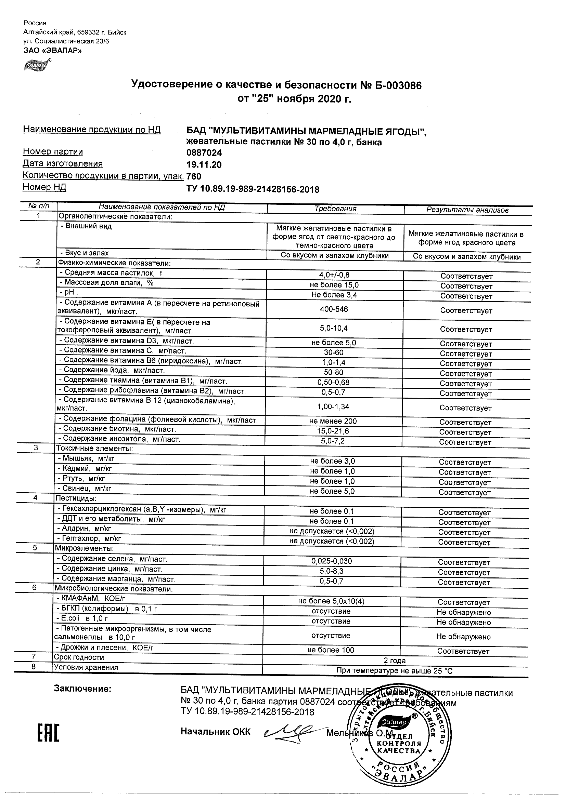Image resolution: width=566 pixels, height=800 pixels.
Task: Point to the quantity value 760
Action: coord(194,177)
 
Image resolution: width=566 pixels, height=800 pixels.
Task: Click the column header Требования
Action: coord(335,209)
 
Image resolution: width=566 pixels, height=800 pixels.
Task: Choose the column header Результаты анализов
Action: coord(467,210)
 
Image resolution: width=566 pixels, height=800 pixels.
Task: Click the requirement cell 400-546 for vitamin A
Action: coord(334,309)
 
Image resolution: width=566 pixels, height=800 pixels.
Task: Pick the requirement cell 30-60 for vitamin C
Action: coord(334,352)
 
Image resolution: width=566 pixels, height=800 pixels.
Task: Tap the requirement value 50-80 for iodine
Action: coord(334,372)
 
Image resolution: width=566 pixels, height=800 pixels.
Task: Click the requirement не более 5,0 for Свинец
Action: coord(332,491)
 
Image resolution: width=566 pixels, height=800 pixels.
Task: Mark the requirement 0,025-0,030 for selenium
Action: coord(332,561)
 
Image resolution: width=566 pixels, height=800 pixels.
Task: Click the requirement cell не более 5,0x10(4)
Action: coord(331,601)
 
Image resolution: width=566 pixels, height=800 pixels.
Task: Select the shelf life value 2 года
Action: coord(395,661)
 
